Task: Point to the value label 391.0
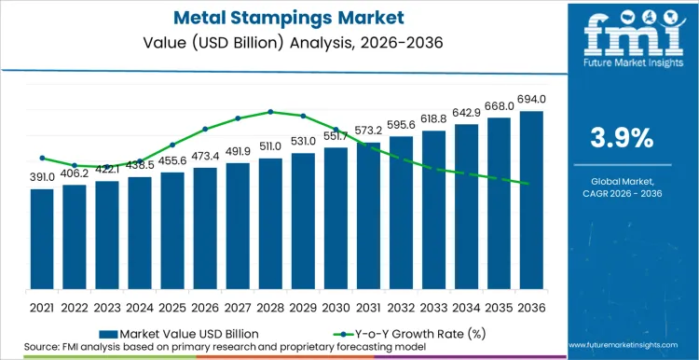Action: coord(41,177)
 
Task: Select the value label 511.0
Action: coord(270,146)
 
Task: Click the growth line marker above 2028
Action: coord(270,111)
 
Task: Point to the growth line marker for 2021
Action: coord(41,158)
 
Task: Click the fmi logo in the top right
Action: coord(622,42)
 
